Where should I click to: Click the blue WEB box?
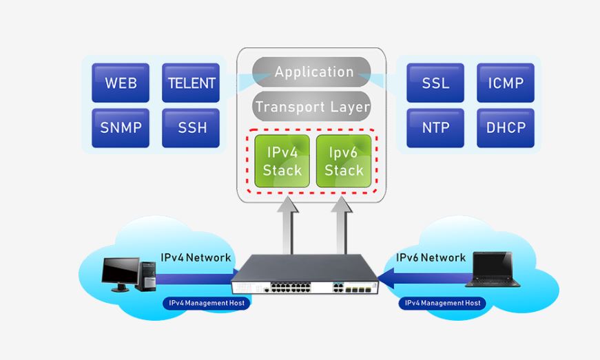pos(121,83)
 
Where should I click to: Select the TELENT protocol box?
pos(191,83)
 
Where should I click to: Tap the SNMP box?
pos(121,127)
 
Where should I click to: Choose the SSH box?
pos(191,127)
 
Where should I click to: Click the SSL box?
pos(435,83)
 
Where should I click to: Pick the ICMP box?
pos(505,83)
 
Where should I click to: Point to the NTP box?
pos(435,127)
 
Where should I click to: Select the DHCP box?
pos(505,127)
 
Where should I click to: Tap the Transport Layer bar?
pos(312,107)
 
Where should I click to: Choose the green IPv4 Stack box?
pos(282,160)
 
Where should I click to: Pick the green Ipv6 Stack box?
pos(344,160)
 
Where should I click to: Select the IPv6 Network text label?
pos(431,257)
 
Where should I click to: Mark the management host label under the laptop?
pos(442,303)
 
